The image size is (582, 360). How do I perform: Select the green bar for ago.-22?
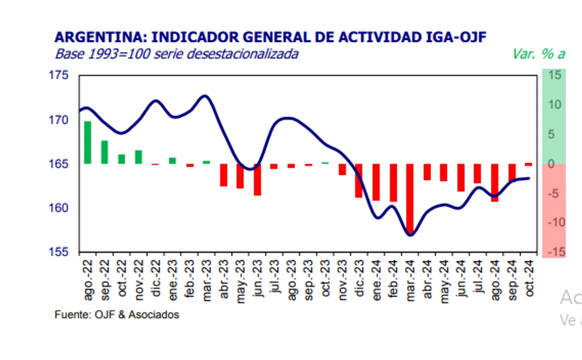point(87,142)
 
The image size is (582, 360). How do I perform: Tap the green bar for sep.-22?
point(104,152)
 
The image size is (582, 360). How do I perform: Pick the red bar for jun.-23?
point(257,179)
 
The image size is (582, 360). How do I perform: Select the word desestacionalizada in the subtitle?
point(242,53)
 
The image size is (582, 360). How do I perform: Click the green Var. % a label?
point(538,53)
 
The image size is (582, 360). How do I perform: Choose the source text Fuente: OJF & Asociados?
point(116,315)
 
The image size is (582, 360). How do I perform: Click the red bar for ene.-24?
point(376,182)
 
